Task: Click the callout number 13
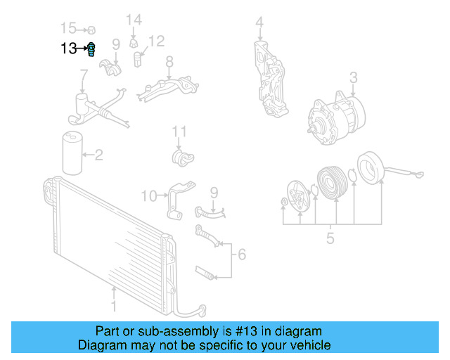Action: coord(68,49)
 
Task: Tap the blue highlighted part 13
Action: coord(91,49)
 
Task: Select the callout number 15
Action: coord(68,29)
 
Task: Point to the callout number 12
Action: coord(156,41)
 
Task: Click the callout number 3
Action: coord(354,77)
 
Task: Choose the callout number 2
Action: coord(98,154)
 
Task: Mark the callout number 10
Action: coord(150,195)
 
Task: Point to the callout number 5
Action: coord(330,238)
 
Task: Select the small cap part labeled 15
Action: coord(91,30)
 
